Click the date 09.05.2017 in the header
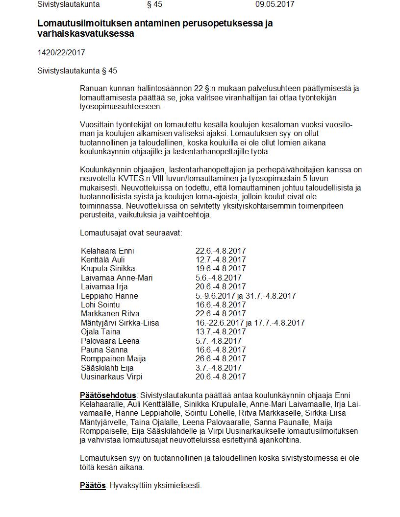275,4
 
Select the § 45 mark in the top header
154,4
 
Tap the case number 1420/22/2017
61,52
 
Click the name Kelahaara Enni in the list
107,251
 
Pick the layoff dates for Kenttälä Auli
221,260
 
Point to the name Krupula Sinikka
108,269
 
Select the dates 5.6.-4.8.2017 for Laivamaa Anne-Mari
219,278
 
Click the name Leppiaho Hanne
109,296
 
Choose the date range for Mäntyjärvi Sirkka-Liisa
250,323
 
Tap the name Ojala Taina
100,331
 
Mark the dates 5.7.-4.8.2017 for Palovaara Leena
219,341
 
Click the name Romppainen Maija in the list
113,359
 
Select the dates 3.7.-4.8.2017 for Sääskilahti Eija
219,368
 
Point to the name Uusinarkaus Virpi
112,376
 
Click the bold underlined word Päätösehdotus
108,395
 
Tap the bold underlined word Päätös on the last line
93,486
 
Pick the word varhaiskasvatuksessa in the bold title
85,34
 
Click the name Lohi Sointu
100,305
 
